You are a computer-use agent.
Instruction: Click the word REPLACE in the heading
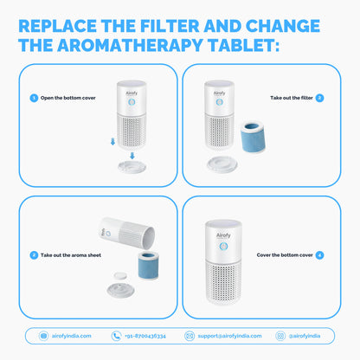(x=58, y=26)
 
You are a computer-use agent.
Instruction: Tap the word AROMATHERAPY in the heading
(x=130, y=45)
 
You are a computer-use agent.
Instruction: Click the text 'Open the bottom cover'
(x=68, y=98)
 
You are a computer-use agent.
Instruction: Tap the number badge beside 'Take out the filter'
(x=319, y=98)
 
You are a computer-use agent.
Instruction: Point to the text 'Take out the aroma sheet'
(x=71, y=255)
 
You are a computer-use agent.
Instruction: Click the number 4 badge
(x=319, y=255)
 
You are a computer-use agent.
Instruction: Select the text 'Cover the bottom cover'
(x=285, y=255)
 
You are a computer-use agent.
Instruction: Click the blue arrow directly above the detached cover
(x=132, y=156)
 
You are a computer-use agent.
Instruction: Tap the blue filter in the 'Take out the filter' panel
(x=253, y=138)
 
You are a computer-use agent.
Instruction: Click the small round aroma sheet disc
(x=120, y=275)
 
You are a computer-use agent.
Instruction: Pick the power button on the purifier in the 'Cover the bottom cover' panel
(x=223, y=247)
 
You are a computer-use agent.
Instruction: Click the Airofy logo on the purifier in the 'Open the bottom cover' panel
(x=132, y=93)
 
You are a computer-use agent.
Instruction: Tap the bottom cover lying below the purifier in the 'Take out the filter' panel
(x=222, y=164)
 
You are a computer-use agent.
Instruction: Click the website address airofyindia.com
(x=72, y=336)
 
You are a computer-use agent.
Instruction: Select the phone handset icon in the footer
(x=116, y=336)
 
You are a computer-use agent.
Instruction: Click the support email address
(x=229, y=336)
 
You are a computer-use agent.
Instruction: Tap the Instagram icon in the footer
(x=280, y=336)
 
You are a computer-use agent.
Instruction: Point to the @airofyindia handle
(x=305, y=336)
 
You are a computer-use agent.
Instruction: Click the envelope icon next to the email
(x=190, y=336)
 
